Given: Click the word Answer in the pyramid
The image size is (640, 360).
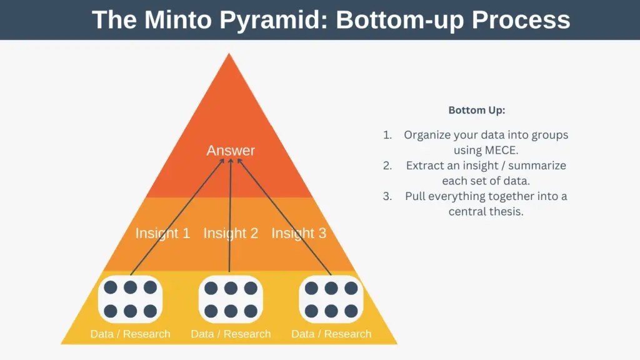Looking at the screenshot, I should (x=231, y=151).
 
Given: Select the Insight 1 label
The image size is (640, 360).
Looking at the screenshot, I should (x=162, y=234).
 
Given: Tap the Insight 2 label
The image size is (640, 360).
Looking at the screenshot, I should (x=231, y=234).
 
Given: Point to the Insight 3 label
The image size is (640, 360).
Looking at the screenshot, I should (x=299, y=234).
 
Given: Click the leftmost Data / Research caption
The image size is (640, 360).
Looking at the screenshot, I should (x=130, y=334).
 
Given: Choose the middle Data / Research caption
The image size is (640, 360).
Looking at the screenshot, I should (x=231, y=334).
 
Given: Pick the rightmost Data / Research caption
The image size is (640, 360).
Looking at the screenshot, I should (x=331, y=334).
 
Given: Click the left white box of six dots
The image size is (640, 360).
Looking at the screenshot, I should (x=130, y=299).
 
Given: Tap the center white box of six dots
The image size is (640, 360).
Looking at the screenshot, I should (x=231, y=299).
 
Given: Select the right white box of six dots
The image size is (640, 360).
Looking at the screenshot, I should (x=331, y=299).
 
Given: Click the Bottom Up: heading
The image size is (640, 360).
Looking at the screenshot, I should (x=476, y=110).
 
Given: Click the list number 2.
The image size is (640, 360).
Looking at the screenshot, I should (x=387, y=166).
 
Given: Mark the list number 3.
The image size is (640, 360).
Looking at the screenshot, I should (x=387, y=196).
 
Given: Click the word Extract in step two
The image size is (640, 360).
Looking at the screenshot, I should (x=424, y=166).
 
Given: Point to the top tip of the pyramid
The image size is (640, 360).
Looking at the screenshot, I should (x=229, y=55).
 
